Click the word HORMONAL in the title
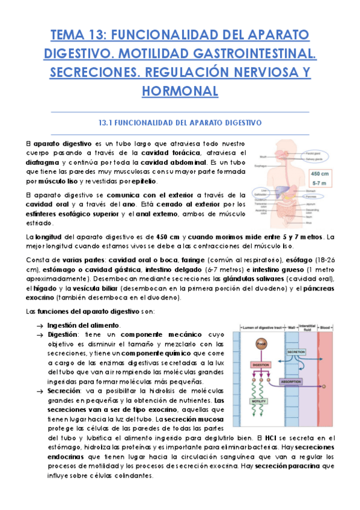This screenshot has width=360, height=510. pos(180,91)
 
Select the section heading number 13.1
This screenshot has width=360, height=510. pos(106,122)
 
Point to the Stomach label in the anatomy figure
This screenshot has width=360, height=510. pos(311,191)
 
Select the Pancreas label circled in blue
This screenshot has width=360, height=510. pos(313,197)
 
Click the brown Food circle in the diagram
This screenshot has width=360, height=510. pos(261,344)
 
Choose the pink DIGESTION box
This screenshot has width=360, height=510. pos(261,365)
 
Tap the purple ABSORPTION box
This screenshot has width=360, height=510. pos(296,381)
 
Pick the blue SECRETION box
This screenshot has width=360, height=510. pos(296,351)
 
